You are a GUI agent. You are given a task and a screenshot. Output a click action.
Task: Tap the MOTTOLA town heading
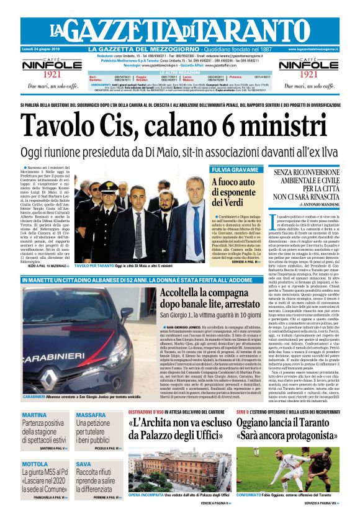[x=35, y=464]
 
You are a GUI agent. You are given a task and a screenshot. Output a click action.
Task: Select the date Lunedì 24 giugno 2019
[x=41, y=49]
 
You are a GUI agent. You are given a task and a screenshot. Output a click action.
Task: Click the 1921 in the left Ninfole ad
[x=43, y=74]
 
